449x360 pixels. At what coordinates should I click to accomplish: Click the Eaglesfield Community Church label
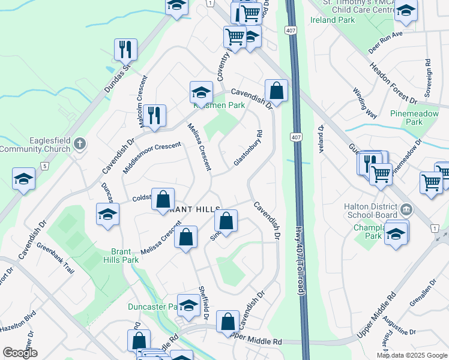[x=37, y=149]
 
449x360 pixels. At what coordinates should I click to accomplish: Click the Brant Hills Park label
[x=125, y=256]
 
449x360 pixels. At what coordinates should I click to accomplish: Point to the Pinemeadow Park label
[x=406, y=117]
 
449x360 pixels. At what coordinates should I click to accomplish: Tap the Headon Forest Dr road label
[x=393, y=83]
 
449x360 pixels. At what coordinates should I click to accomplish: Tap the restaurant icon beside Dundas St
[x=126, y=49]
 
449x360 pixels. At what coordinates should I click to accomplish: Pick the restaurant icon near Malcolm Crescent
[x=155, y=115]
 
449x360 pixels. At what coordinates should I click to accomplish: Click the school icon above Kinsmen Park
[x=201, y=92]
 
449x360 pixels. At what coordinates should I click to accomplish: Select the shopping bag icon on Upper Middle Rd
[x=228, y=322]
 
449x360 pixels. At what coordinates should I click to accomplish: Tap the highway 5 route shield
[x=44, y=165]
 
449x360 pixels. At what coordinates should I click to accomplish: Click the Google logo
[x=20, y=353]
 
